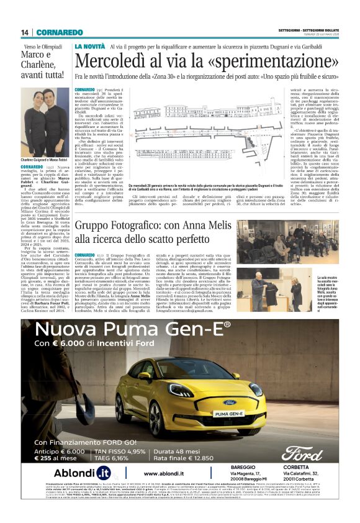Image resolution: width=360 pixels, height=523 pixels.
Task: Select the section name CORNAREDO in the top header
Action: pyautogui.click(x=59, y=32)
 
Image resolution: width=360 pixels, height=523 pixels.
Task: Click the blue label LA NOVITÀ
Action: pyautogui.click(x=90, y=47)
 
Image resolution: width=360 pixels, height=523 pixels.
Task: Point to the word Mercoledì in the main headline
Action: pyautogui.click(x=114, y=62)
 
